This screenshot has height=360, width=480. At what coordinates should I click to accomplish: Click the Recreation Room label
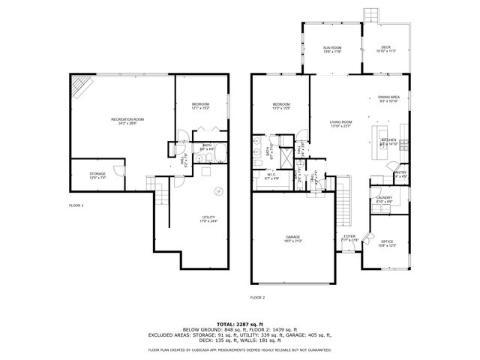pos(127,121)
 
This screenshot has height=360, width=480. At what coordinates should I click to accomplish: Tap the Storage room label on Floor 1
pos(97,176)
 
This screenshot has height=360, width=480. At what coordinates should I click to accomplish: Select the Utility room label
pos(208,219)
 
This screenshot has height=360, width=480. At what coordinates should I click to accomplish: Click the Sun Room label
pos(332,49)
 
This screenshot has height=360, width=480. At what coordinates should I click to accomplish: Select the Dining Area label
pos(388,98)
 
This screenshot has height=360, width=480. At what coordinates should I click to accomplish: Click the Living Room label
pos(341,124)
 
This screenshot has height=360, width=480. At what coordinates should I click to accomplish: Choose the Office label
pos(387,243)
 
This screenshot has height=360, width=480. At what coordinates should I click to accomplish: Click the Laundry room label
pos(383,199)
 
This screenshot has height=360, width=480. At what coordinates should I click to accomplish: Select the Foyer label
pos(349,238)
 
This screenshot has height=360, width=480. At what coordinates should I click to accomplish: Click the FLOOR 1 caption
pos(76,205)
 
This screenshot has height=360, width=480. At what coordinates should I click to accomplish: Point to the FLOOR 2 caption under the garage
pos(257,297)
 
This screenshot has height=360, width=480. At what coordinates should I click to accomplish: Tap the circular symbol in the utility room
pos(219,189)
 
